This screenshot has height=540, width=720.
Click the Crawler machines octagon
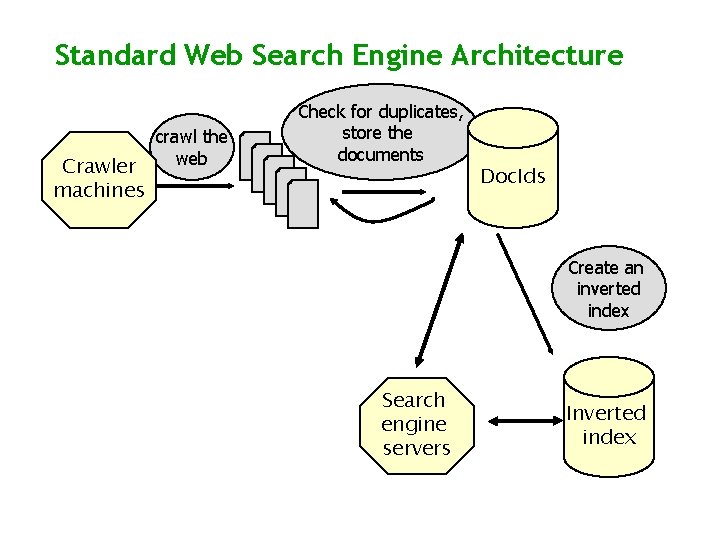(x=99, y=178)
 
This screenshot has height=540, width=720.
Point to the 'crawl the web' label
(x=190, y=147)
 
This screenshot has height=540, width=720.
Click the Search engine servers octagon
(x=416, y=424)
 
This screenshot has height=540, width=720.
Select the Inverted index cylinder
(x=608, y=418)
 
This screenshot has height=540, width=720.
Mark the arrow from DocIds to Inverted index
(x=525, y=296)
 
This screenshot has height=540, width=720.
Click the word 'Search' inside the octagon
(x=413, y=400)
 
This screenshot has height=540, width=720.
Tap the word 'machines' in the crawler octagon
(x=99, y=190)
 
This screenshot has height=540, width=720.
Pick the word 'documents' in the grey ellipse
(x=380, y=154)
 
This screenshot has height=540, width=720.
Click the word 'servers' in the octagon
(x=416, y=448)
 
